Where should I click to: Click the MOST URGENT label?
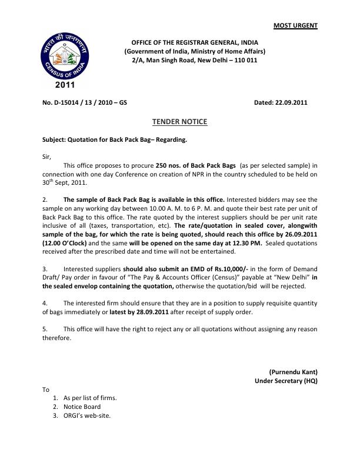pos(296,25)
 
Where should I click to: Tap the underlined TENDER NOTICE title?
pos(180,122)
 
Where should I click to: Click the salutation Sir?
pos(47,157)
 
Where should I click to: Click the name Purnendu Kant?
pos(293,372)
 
